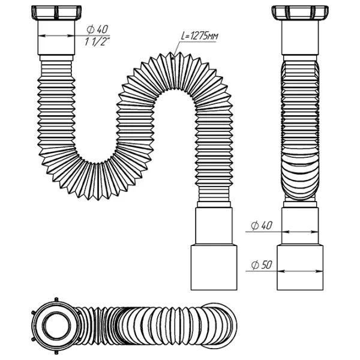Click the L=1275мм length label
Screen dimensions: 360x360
[199, 36]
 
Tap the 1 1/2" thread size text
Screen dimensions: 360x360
[97, 42]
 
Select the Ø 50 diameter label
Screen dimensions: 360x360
[262, 265]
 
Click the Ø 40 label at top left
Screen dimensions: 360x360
[97, 29]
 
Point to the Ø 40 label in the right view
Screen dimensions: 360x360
[262, 226]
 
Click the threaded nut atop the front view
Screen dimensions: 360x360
[56, 13]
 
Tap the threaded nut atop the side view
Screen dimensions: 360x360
[300, 13]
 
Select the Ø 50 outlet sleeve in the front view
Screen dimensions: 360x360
[214, 268]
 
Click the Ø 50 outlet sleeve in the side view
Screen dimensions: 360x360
[300, 268]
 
